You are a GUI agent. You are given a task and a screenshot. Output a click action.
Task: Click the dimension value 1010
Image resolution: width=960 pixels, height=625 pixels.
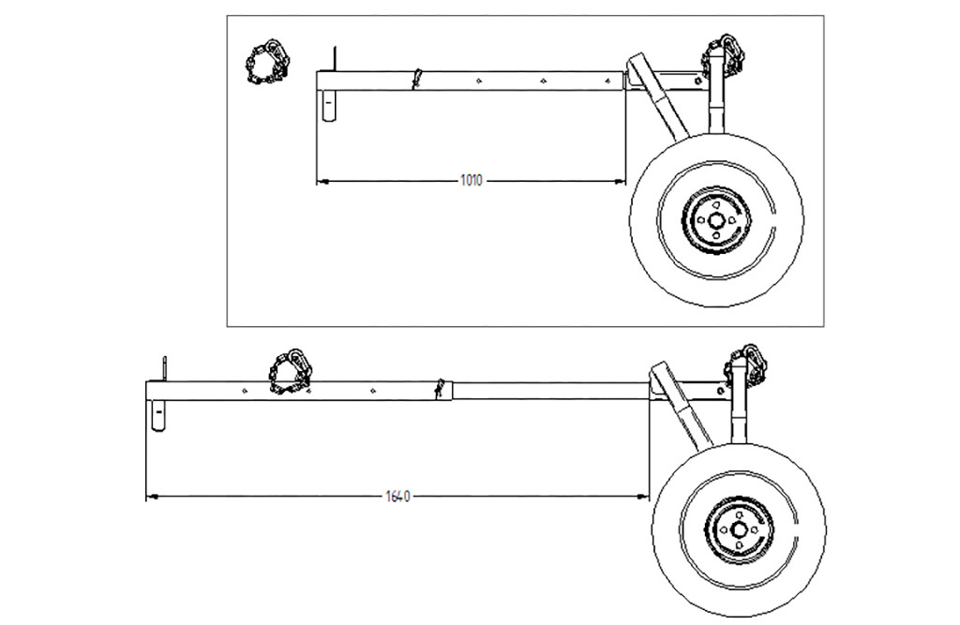471,180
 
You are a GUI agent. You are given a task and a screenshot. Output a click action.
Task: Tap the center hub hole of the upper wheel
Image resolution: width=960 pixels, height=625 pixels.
715,220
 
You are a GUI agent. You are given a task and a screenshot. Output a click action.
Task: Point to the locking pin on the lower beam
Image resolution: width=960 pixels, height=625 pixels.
439,388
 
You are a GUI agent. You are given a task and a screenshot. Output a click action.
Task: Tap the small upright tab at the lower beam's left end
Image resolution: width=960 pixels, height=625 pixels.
164,368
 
